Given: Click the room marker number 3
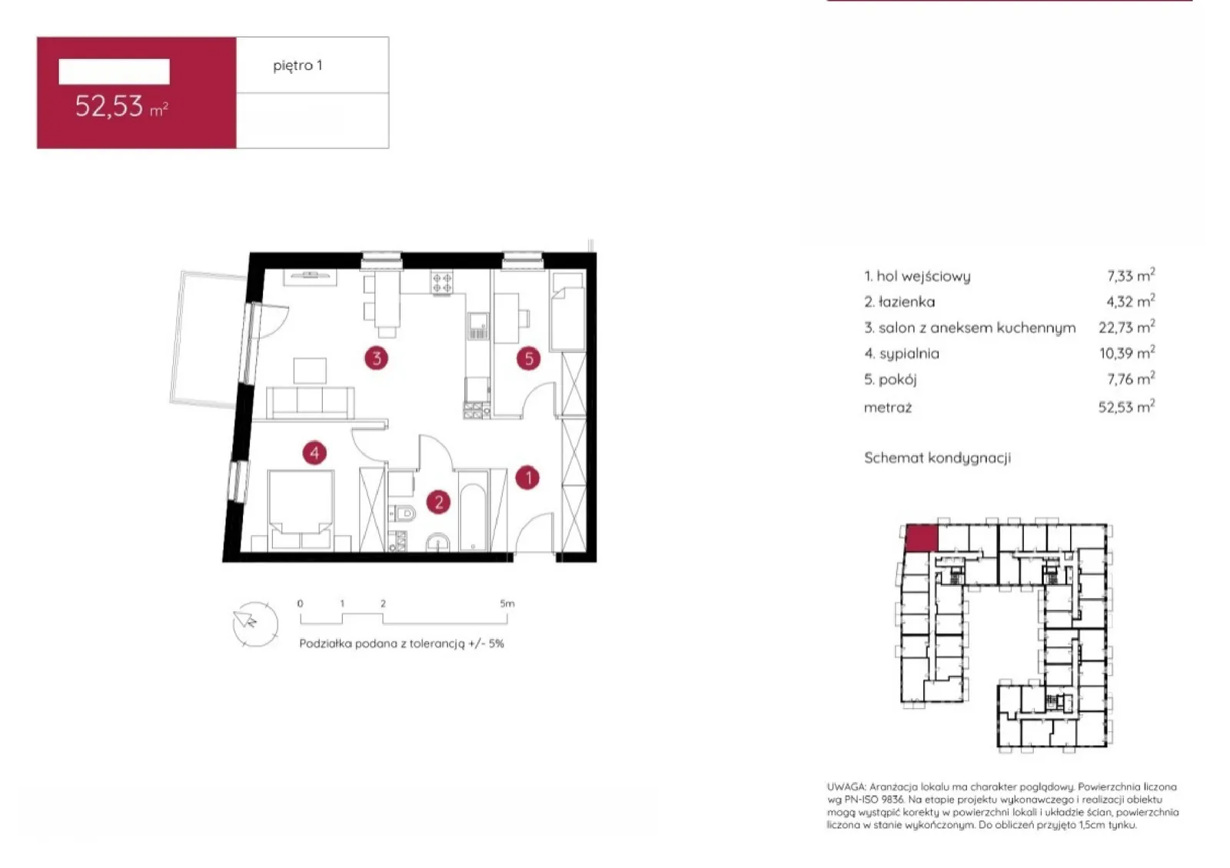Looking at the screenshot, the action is (x=376, y=358).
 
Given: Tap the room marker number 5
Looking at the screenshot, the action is (x=528, y=358).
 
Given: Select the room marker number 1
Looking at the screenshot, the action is (x=527, y=477).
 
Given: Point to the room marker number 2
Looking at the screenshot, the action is (x=438, y=502).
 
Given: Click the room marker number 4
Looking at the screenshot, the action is (x=314, y=453).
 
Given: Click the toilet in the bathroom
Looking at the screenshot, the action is (x=403, y=514).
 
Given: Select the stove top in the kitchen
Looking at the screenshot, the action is (x=441, y=283).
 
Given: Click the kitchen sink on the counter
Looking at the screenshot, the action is (x=477, y=326).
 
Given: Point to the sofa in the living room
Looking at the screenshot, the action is (x=311, y=402).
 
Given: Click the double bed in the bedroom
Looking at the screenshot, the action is (x=301, y=510).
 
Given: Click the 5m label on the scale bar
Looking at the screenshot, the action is (x=507, y=604).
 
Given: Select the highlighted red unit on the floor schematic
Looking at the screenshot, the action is (x=921, y=538).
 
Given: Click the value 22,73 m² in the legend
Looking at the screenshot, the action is (x=1126, y=328).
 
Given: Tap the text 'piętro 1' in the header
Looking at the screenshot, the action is (x=298, y=66).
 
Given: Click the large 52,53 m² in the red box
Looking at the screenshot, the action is (x=121, y=106).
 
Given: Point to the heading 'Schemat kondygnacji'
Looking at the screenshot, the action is (x=937, y=458).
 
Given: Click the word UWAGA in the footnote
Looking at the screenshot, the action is (x=846, y=787).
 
